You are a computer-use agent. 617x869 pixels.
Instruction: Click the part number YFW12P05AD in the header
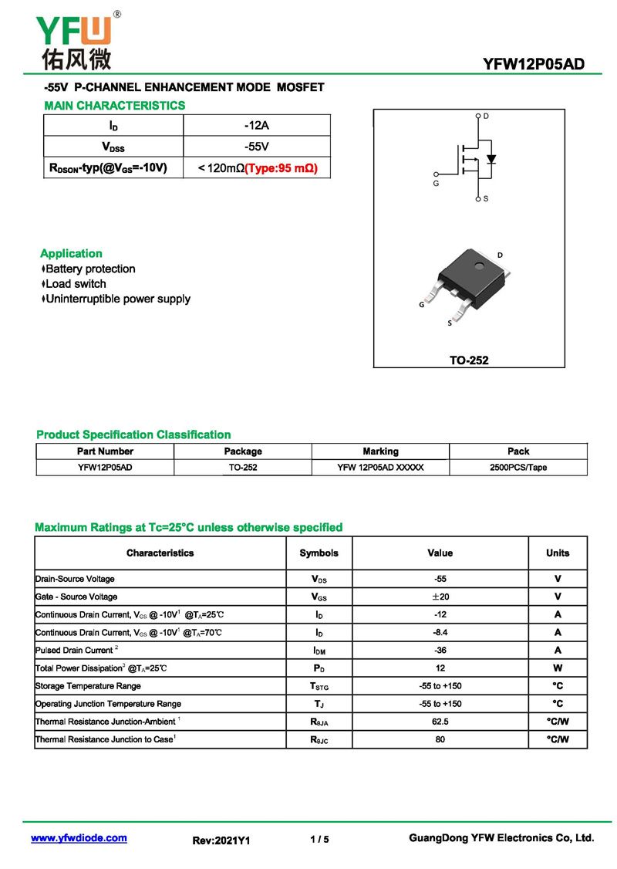tap(533, 64)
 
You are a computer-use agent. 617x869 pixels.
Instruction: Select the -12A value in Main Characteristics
tap(256, 125)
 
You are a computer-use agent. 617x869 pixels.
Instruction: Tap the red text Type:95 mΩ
tap(281, 167)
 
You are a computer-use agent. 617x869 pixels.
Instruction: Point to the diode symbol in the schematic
tap(491, 160)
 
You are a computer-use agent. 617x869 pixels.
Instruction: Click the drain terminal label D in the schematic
tap(486, 116)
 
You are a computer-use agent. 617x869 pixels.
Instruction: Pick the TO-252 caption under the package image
tap(469, 360)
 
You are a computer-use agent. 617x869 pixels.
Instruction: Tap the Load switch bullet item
tap(76, 284)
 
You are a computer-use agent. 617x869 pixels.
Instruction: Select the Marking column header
tap(380, 451)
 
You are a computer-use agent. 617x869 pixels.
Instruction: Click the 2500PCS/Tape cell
tap(518, 468)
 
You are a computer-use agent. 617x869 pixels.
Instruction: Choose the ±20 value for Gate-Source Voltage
tap(440, 597)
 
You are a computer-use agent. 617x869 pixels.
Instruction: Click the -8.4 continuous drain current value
tap(440, 632)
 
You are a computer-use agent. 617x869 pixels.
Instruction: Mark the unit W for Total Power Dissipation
tap(557, 668)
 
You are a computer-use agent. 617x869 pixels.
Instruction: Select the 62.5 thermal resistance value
tap(440, 722)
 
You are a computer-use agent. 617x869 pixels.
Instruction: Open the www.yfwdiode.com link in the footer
tap(79, 838)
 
